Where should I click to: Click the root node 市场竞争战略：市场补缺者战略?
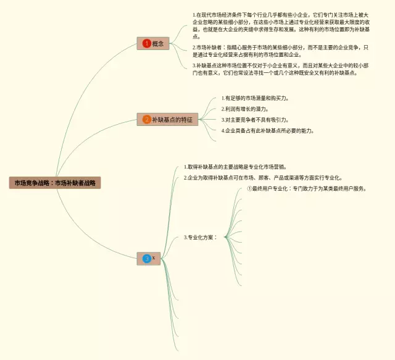[55, 183]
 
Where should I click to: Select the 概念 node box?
[153, 43]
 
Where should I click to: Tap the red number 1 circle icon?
[146, 43]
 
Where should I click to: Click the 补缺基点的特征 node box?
[167, 119]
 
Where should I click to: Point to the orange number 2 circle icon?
[146, 119]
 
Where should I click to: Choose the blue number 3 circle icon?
[146, 258]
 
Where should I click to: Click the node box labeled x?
[149, 258]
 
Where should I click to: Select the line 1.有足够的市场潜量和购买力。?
[255, 98]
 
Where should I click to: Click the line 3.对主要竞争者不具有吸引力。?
[255, 120]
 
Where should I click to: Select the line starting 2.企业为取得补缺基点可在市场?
[263, 177]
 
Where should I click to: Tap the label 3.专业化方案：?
[201, 237]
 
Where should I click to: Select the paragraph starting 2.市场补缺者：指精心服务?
[281, 51]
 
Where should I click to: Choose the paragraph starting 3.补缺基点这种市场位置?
[281, 69]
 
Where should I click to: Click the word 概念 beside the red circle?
[158, 43]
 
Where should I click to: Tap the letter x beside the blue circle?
[154, 258]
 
